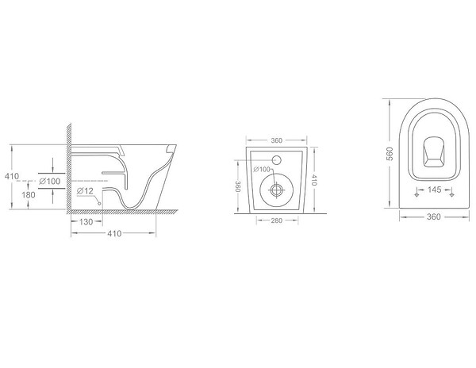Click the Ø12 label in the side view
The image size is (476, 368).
pyautogui.click(x=85, y=191)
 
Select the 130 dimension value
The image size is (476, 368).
pyautogui.click(x=86, y=222)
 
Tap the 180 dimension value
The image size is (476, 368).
pyautogui.click(x=29, y=195)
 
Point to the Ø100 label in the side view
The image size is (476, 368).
pyautogui.click(x=50, y=182)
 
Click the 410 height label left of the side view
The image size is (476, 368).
pyautogui.click(x=12, y=176)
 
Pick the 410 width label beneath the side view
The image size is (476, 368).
pyautogui.click(x=114, y=234)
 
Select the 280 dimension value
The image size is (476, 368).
pyautogui.click(x=277, y=220)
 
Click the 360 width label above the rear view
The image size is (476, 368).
pyautogui.click(x=277, y=140)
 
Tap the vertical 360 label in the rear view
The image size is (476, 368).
pyautogui.click(x=238, y=186)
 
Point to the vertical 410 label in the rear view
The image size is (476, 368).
pyautogui.click(x=314, y=180)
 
